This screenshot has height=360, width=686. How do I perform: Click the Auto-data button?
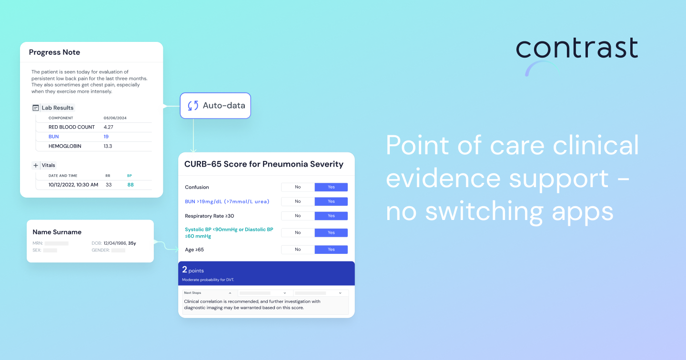215,106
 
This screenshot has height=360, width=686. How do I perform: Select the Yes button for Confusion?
331,187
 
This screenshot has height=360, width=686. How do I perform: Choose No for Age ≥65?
298,250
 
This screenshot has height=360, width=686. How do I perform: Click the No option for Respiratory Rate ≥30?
298,216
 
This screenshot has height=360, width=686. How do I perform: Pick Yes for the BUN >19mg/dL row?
331,201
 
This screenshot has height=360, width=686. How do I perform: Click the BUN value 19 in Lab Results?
106,137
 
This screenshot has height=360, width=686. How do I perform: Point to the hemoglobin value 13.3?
108,146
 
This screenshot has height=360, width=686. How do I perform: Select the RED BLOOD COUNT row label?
71,127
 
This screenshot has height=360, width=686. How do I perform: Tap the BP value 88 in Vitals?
131,185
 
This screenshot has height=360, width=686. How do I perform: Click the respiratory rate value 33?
109,185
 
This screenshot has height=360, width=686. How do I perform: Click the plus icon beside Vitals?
36,165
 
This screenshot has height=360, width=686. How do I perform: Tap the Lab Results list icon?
36,108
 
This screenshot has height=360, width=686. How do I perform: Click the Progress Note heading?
54,52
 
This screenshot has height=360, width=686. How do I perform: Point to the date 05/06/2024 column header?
115,118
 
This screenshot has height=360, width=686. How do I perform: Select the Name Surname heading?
57,232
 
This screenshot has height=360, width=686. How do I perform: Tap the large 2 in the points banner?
184,270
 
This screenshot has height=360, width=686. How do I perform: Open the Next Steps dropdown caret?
230,293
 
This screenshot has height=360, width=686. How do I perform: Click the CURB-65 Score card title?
264,164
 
